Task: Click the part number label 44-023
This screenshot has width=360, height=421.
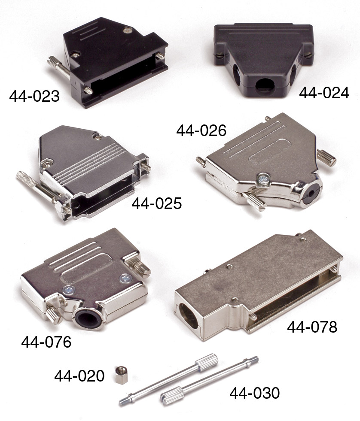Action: pyautogui.click(x=34, y=96)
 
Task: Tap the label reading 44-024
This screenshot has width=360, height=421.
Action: pyautogui.click(x=324, y=93)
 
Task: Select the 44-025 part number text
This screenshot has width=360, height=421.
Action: pyautogui.click(x=156, y=203)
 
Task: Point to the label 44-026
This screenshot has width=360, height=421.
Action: pyautogui.click(x=201, y=130)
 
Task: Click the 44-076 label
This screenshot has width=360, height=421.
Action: pyautogui.click(x=46, y=342)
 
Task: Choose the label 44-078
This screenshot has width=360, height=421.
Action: pyautogui.click(x=312, y=327)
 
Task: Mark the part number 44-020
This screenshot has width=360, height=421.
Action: pyautogui.click(x=79, y=376)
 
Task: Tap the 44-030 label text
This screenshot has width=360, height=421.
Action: pyautogui.click(x=254, y=393)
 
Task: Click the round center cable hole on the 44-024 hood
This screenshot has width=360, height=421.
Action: pyautogui.click(x=265, y=87)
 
